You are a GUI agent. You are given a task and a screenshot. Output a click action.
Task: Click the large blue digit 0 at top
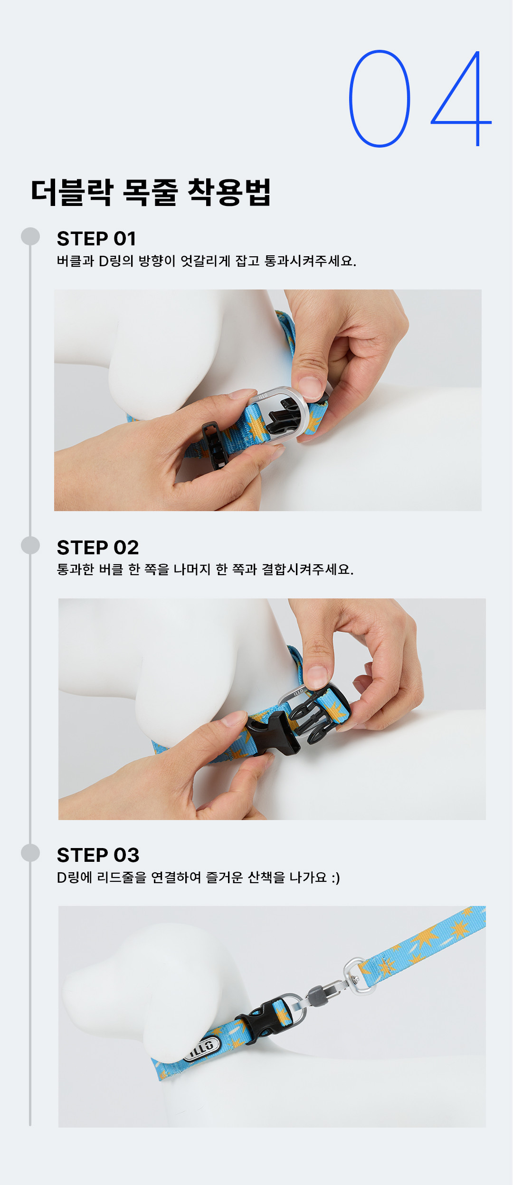pyautogui.click(x=380, y=99)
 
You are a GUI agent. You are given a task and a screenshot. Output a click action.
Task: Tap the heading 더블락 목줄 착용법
pyautogui.click(x=151, y=193)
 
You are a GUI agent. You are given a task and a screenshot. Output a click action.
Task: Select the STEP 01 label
pyautogui.click(x=96, y=239)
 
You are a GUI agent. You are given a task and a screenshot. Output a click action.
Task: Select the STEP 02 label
pyautogui.click(x=98, y=548)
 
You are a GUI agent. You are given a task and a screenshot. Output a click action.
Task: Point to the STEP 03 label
pyautogui.click(x=98, y=855)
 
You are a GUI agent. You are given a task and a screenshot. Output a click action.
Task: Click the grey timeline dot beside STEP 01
pyautogui.click(x=30, y=236)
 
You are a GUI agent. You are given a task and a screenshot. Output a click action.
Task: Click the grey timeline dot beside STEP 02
pyautogui.click(x=30, y=545)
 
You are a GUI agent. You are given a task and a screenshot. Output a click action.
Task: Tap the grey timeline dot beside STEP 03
pyautogui.click(x=30, y=853)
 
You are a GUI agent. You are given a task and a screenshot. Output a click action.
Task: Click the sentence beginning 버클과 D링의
pyautogui.click(x=207, y=261)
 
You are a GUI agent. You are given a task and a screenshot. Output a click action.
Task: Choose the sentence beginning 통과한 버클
pyautogui.click(x=205, y=569)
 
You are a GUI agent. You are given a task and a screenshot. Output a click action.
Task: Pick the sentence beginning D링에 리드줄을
pyautogui.click(x=199, y=877)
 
